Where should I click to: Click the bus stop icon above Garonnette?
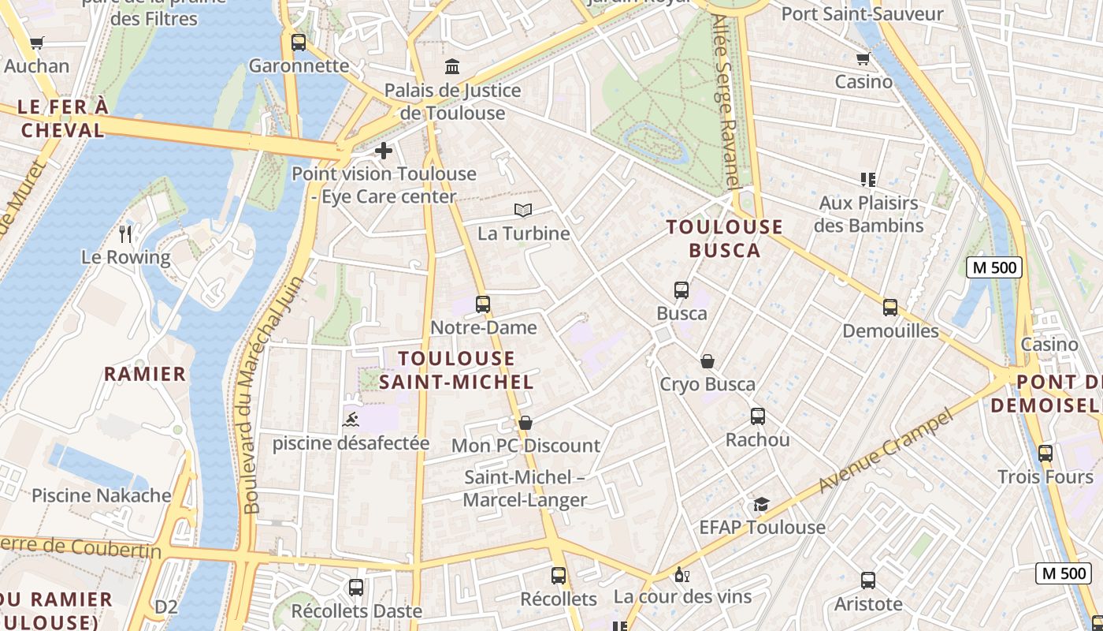298,43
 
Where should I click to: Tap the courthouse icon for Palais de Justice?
452,66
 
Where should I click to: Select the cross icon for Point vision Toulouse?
384,150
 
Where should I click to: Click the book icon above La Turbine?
523,210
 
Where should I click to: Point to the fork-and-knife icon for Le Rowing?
125,233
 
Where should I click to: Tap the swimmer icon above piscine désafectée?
351,419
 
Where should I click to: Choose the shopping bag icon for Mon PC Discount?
526,423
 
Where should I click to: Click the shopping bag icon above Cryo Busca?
707,361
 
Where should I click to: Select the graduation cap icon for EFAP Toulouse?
761,504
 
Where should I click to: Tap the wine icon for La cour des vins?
682,574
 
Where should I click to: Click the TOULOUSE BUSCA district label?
725,239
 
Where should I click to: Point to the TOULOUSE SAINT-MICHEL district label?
457,371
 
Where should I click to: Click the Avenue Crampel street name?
886,451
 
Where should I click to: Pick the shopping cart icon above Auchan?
36,43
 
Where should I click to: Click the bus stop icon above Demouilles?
890,308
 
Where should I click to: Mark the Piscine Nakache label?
102,495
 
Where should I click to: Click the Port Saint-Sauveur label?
862,14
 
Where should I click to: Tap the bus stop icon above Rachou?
758,416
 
